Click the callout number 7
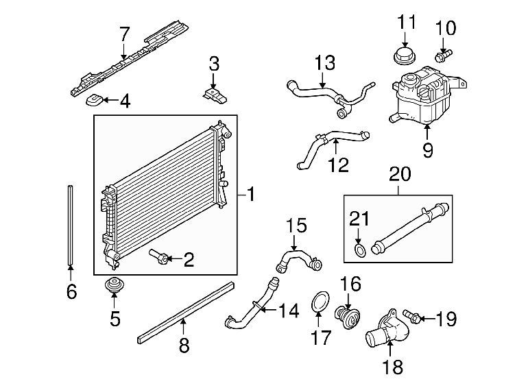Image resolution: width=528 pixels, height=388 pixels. point(125,34)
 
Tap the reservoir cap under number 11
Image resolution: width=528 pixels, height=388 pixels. point(405,56)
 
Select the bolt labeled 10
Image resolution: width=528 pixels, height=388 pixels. point(444,56)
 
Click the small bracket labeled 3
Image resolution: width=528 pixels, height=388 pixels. point(215,95)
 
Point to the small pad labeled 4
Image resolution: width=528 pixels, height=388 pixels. point(95,100)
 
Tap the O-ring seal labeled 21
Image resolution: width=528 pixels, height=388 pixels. point(360,251)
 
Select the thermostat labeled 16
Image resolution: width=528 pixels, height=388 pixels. point(348,315)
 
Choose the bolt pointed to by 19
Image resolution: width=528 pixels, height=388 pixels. point(411,316)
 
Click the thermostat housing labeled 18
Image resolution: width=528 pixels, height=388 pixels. point(388,330)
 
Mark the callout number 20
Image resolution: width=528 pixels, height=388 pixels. point(400,174)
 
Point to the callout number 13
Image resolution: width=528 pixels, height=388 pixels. point(325,62)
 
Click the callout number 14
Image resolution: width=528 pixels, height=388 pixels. point(289,311)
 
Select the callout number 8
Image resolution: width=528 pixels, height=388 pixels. point(184,345)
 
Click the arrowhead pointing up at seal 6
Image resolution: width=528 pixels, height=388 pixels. point(71,268)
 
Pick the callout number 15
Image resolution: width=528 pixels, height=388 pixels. point(296,225)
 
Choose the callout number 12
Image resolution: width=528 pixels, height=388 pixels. point(339,165)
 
